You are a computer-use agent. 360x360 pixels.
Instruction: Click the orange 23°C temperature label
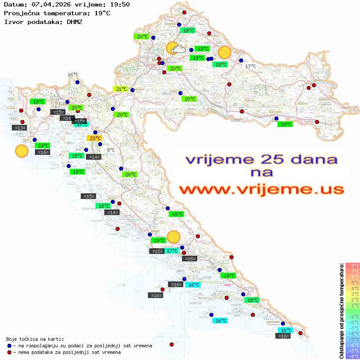point(95,138)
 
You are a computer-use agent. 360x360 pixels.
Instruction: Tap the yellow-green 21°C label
point(121,89)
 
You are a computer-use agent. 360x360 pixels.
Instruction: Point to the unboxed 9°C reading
point(111,150)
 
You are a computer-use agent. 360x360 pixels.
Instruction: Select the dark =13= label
point(20,128)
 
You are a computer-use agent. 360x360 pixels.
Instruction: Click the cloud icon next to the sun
point(178,50)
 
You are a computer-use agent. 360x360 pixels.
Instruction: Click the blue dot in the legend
point(9,346)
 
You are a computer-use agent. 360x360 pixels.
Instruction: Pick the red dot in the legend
point(9,352)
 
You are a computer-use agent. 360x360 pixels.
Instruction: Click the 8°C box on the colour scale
point(353,265)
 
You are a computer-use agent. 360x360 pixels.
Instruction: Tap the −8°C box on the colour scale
point(353,356)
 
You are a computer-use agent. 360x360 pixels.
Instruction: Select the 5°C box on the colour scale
point(353,282)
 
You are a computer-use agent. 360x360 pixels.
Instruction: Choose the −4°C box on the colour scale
point(353,333)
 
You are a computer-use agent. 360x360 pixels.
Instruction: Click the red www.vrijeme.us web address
point(261,190)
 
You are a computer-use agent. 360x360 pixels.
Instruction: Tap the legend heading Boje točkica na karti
point(35,339)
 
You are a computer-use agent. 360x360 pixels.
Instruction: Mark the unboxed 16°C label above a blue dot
point(73,75)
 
